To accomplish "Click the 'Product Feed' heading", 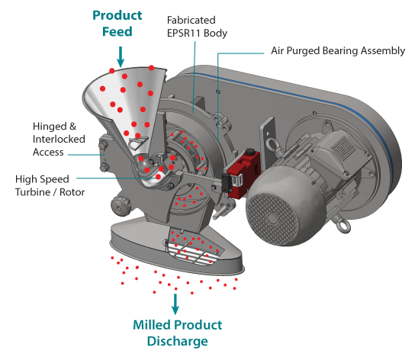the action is point(117,24).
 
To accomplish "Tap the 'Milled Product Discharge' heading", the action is point(178,333).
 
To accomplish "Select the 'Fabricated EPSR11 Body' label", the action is point(197,27).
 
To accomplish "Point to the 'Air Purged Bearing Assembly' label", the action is point(338,50).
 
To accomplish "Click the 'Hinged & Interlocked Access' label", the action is point(59,139).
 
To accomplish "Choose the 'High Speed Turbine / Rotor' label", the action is point(50,185).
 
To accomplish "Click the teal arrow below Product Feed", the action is point(121,56).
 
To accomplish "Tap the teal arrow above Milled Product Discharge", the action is point(175,304).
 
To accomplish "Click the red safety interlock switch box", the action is point(243,172).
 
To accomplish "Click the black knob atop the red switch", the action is point(250,153).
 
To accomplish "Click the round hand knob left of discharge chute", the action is point(120,206).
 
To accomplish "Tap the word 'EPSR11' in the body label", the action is point(183,34).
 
